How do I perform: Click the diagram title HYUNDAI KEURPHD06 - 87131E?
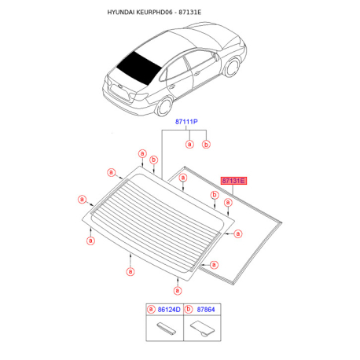coord(154,13)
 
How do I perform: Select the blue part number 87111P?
coord(186,122)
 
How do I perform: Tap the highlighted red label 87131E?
coord(233,181)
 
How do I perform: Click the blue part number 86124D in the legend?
coord(169,310)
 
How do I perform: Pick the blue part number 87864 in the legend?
coord(206,310)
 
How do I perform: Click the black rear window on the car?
coord(139,68)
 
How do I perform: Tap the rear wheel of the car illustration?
coord(164,106)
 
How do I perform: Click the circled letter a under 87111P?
coord(189,144)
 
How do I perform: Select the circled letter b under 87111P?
coord(206,145)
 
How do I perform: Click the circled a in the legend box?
coord(151,310)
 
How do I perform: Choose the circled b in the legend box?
coord(189,310)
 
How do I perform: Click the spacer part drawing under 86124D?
coord(167,329)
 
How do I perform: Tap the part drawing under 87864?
coord(202,329)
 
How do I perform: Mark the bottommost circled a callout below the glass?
coord(178,291)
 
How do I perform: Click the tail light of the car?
coord(139,97)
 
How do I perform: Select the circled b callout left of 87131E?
coord(215,195)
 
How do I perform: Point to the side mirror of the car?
coord(216,57)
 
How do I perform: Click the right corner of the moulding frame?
coord(281,223)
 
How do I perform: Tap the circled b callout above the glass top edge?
coord(154,160)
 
